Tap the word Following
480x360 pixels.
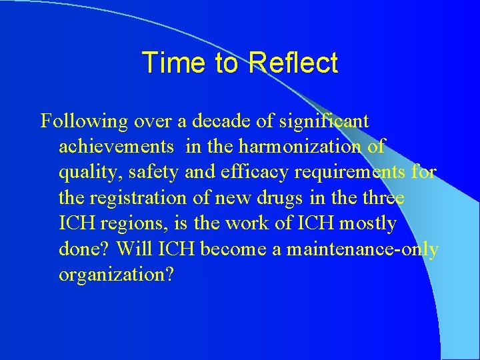pos(83,121)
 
